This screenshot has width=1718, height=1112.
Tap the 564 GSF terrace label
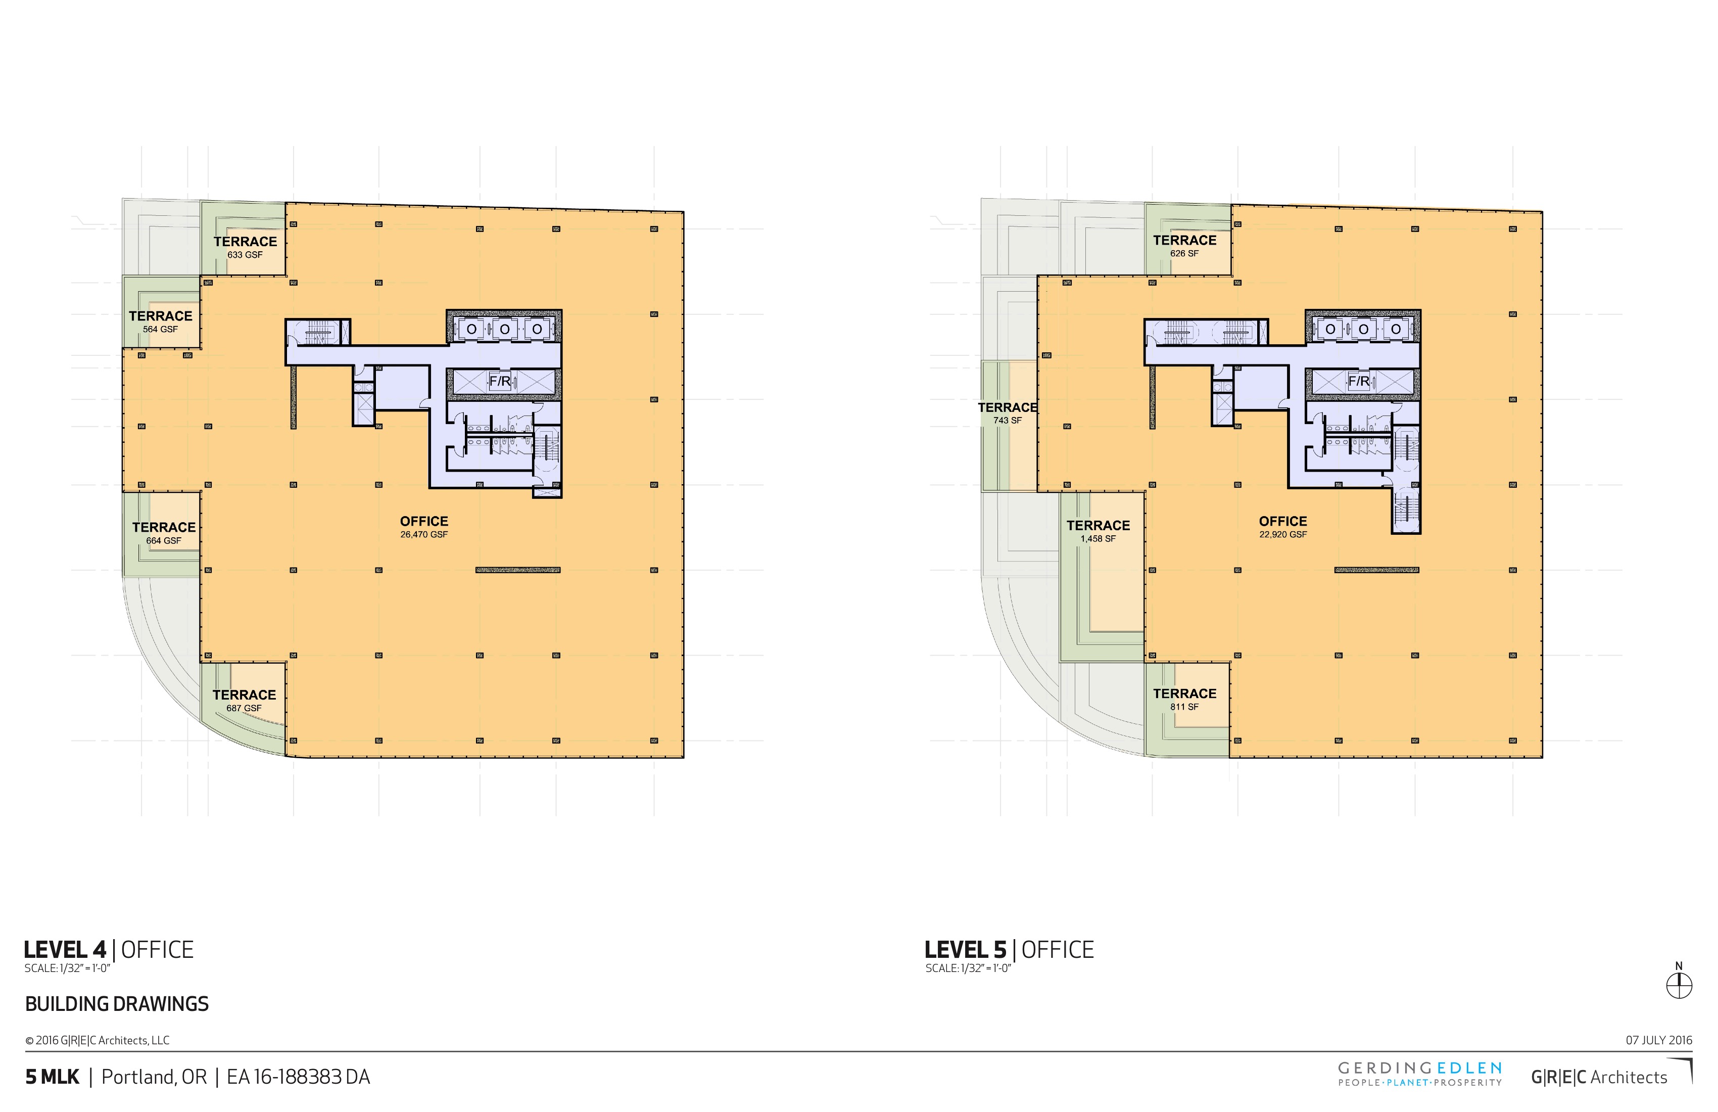coord(160,321)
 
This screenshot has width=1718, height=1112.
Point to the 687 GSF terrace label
coord(244,701)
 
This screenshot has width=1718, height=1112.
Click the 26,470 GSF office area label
coord(424,527)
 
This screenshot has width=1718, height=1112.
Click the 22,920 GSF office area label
coord(1283,527)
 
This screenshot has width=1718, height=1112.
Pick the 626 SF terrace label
coord(1184,246)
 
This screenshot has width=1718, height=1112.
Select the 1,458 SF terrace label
coord(1099,531)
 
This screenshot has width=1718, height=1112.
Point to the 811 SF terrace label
coord(1184,699)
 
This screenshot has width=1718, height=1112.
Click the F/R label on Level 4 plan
coord(500,381)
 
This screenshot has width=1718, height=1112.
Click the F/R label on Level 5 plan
coord(1359,381)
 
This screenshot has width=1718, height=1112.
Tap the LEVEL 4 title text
coord(65,950)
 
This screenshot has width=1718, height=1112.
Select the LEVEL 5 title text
coord(966,950)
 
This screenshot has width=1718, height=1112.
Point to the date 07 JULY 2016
coord(1659,1041)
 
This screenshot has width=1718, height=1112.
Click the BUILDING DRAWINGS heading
coord(117,1004)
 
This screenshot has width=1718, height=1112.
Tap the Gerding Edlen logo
coord(1420,1073)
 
